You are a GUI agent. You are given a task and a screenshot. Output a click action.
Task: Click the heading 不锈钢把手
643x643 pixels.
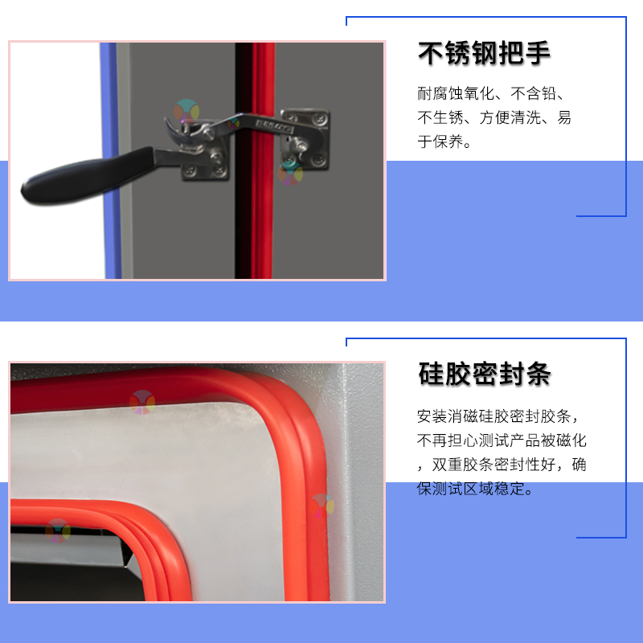[484, 53]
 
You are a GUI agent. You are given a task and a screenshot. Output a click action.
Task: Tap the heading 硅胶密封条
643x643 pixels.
[485, 374]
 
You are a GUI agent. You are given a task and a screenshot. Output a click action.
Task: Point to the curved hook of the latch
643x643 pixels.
[174, 130]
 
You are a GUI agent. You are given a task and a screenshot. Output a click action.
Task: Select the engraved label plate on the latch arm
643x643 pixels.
[274, 125]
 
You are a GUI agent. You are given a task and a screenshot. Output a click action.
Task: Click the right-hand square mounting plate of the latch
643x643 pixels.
[305, 138]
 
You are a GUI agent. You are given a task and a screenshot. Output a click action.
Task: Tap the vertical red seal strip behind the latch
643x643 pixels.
[263, 161]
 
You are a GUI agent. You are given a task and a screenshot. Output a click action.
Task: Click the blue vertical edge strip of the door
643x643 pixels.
[110, 161]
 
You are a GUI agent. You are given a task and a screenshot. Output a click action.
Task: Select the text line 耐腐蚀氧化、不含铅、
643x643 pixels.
[491, 93]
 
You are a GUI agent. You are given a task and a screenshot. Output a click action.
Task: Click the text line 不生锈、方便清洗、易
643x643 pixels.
[494, 117]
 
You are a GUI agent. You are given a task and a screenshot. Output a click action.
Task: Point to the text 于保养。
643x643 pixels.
[444, 141]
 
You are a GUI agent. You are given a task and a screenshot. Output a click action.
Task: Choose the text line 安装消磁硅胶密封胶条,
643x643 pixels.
[498, 416]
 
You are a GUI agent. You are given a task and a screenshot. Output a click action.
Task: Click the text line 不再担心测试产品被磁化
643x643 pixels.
[502, 440]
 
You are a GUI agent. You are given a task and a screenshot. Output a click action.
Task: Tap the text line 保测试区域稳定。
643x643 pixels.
[475, 489]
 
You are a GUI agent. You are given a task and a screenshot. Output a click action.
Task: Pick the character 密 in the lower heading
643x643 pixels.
[485, 374]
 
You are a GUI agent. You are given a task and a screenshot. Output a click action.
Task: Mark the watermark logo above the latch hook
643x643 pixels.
[186, 111]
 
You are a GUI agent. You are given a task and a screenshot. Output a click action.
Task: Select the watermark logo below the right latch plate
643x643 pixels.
[290, 173]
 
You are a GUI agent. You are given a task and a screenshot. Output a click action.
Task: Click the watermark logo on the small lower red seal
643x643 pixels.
[58, 531]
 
